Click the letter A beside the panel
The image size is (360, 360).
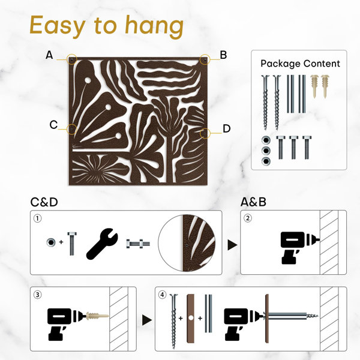49,55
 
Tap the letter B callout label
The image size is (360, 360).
223,55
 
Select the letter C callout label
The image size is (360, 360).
53,125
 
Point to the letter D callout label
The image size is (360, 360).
227,128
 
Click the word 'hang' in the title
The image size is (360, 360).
155,26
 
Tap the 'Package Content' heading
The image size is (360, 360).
300,64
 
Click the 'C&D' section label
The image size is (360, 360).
44,202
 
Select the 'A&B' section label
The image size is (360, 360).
253,202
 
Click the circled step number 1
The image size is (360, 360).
38,218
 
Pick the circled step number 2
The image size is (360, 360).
247,218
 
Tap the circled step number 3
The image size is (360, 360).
38,295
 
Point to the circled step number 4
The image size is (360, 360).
163,295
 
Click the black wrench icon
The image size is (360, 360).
102,244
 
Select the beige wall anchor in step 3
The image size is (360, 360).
97,316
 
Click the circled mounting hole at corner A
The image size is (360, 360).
72,59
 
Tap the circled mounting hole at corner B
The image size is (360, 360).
205,59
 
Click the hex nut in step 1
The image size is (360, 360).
51,242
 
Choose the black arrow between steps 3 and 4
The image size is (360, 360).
147,320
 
